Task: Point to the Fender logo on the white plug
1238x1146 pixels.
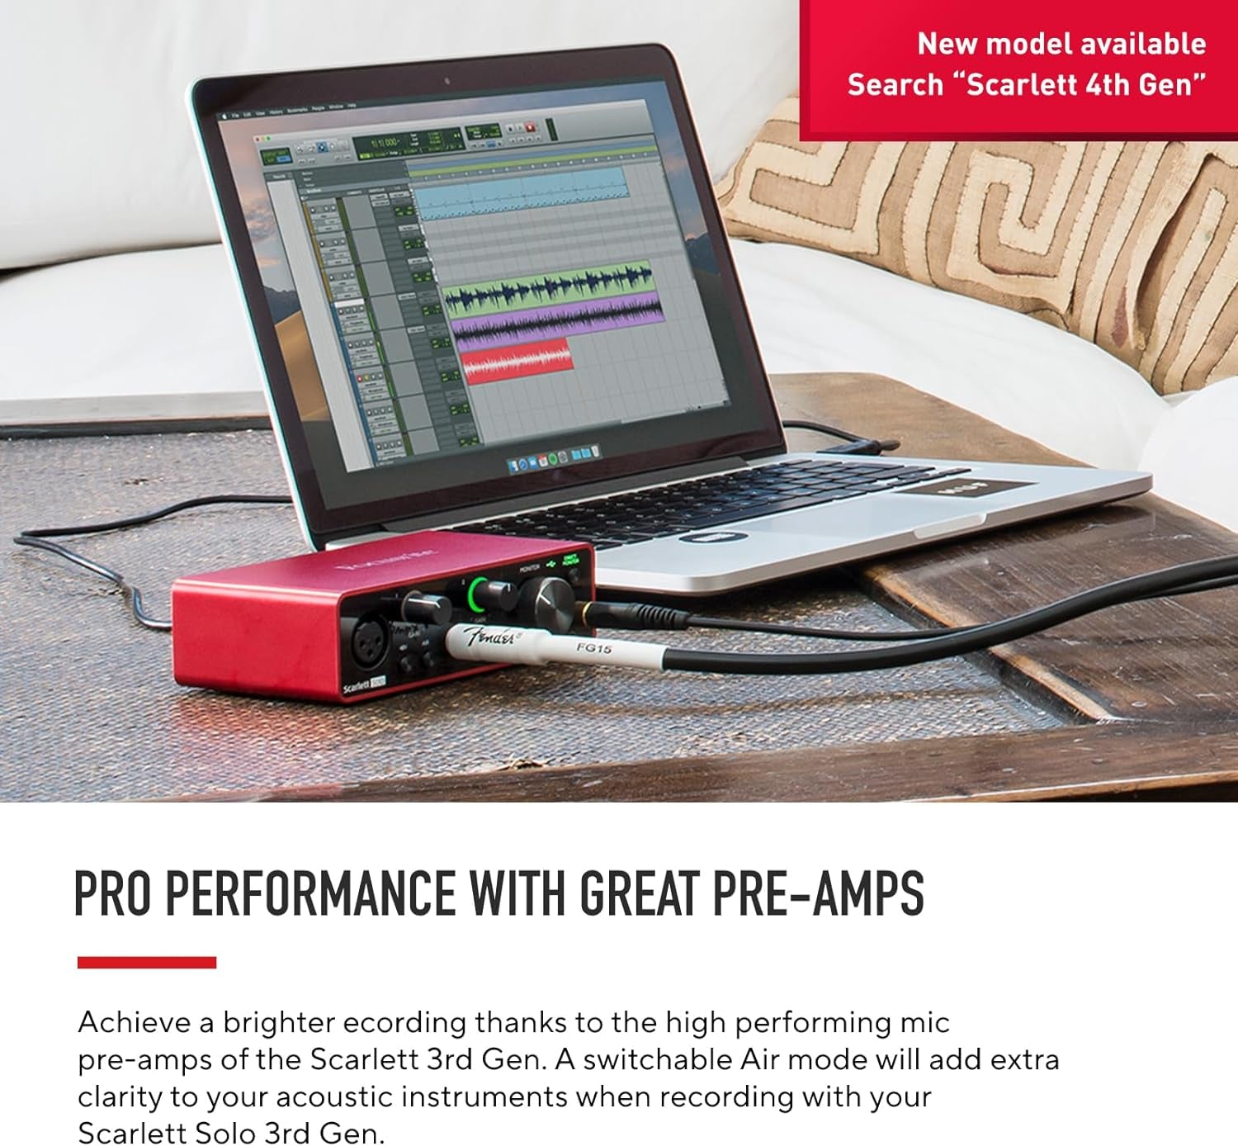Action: [492, 637]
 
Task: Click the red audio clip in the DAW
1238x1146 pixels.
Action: [517, 360]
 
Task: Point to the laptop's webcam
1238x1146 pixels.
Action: [447, 81]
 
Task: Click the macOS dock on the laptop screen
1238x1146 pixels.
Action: [550, 457]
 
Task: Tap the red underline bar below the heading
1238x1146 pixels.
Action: [147, 962]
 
